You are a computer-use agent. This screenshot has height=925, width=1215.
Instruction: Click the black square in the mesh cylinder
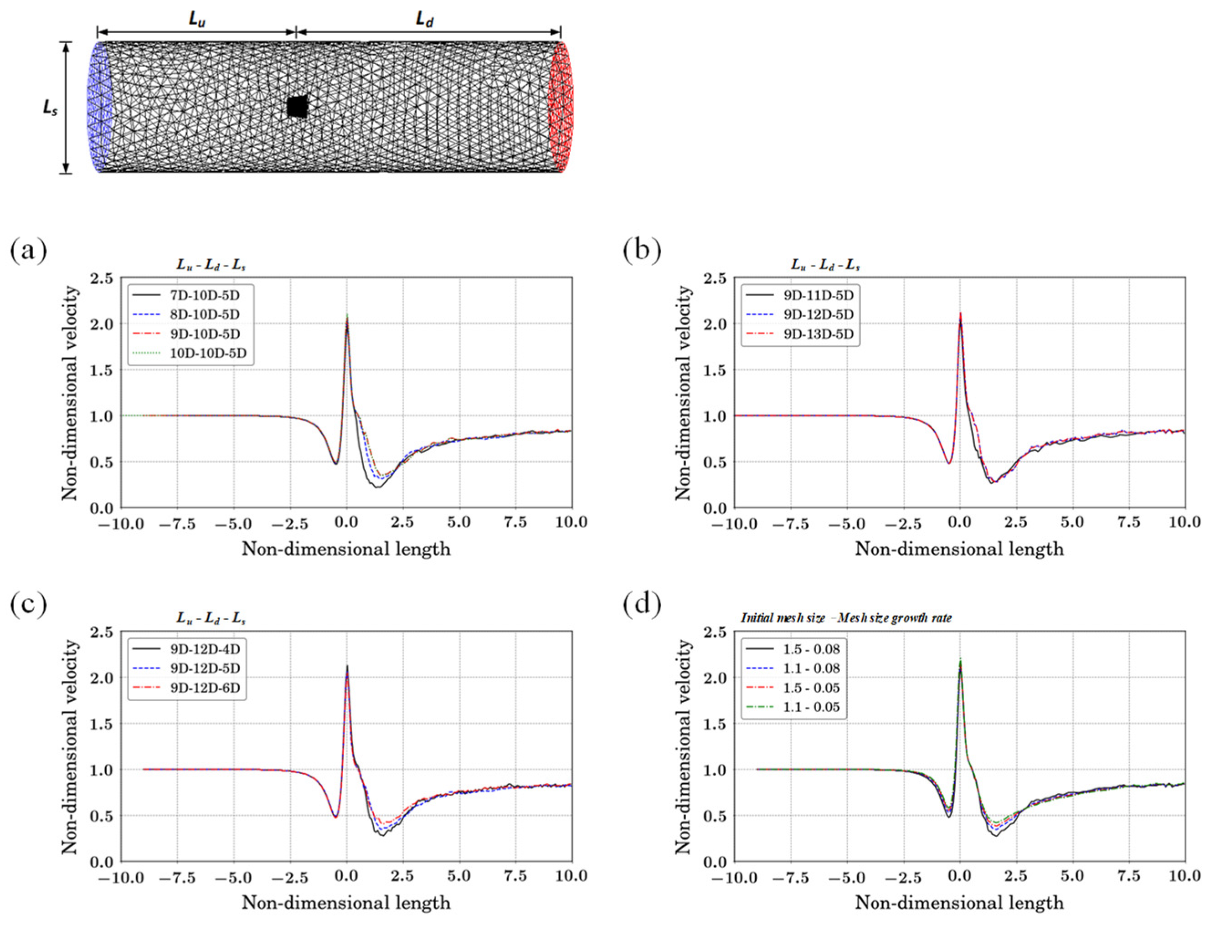297,107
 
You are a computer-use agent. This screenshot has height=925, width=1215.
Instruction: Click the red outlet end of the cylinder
561,108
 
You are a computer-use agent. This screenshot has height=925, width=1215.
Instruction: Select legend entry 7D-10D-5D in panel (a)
204,295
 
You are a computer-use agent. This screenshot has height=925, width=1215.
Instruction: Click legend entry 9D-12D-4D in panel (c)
204,648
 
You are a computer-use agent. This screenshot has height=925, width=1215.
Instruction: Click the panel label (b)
641,251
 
